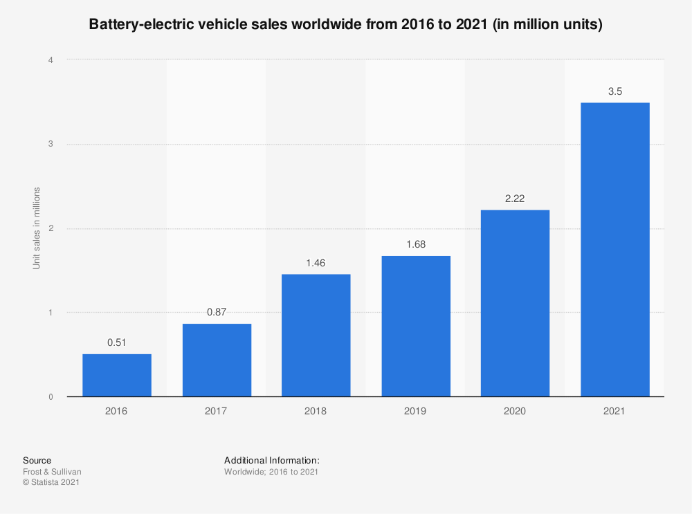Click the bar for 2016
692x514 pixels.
coord(116,375)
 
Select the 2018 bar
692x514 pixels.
coord(316,336)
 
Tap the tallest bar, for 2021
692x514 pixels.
coord(614,249)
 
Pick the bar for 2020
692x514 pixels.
coord(515,303)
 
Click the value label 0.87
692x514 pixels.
coord(216,313)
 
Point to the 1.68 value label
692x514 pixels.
coord(415,245)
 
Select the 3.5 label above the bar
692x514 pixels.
coord(614,91)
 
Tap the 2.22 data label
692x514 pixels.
coord(515,199)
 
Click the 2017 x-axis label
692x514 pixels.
coord(216,411)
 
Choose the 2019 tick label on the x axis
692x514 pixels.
coord(415,411)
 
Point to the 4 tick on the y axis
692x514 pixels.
coord(51,60)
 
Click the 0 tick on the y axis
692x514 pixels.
coord(51,397)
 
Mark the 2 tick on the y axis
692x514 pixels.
coord(51,229)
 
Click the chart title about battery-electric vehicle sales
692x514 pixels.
coord(346,25)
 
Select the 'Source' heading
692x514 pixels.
coord(37,460)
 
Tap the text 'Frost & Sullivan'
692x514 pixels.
coord(52,472)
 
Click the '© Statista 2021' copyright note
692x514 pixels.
coord(51,483)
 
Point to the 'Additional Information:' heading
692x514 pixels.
coord(271,460)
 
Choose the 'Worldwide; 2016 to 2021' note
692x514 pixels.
coord(271,472)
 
